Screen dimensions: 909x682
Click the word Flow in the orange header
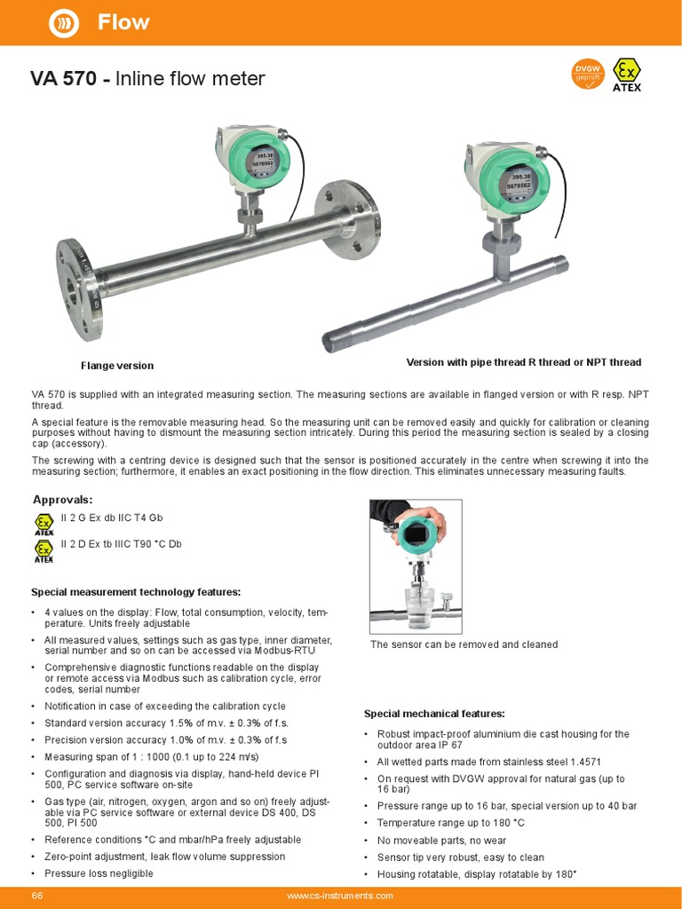click(x=123, y=22)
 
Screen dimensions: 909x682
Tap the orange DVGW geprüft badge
click(x=587, y=75)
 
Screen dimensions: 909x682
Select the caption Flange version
click(x=117, y=366)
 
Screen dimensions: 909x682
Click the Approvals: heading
click(x=62, y=500)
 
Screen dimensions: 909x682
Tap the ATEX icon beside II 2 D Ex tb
click(x=44, y=551)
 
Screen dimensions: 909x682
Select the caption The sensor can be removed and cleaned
click(x=464, y=644)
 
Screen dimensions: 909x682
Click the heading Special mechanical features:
click(x=434, y=714)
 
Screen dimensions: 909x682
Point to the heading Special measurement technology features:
click(x=136, y=592)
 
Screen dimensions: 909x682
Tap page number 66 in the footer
click(x=38, y=896)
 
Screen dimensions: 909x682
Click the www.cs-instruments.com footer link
click(x=340, y=897)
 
